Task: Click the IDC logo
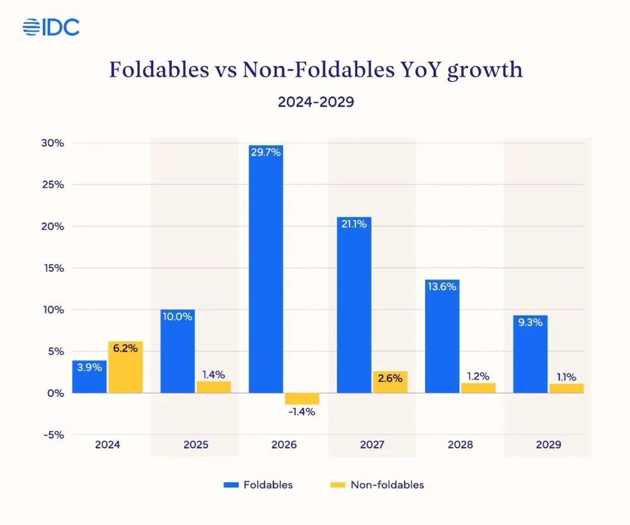[x=51, y=27]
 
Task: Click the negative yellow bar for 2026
[x=302, y=398]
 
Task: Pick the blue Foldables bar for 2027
[x=354, y=305]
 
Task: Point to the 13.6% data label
[x=442, y=286]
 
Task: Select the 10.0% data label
[x=178, y=316]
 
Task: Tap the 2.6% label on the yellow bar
[x=390, y=378]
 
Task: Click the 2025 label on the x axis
[x=195, y=444]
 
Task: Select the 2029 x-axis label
[x=547, y=444]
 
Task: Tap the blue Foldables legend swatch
[x=232, y=485]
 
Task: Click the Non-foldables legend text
[x=387, y=485]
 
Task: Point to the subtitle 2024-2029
[x=316, y=102]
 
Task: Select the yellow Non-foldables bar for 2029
[x=566, y=388]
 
